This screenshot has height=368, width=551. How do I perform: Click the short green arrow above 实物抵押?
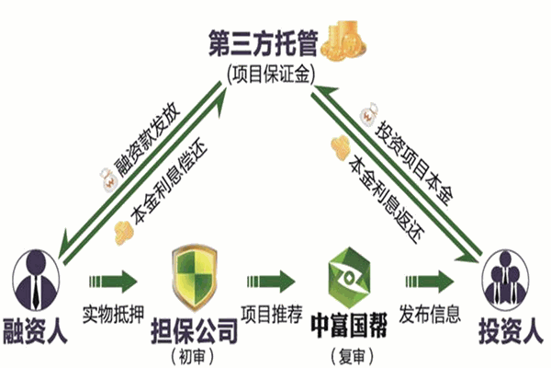click(112, 279)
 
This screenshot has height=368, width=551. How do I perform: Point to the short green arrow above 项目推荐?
click(272, 279)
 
